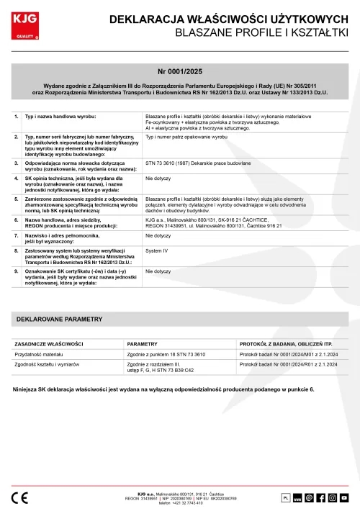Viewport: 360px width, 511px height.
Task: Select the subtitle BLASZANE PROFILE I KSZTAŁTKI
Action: [x=262, y=34]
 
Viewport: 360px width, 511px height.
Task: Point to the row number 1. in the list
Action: [x=17, y=116]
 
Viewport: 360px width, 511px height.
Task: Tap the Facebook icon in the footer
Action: [x=321, y=497]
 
